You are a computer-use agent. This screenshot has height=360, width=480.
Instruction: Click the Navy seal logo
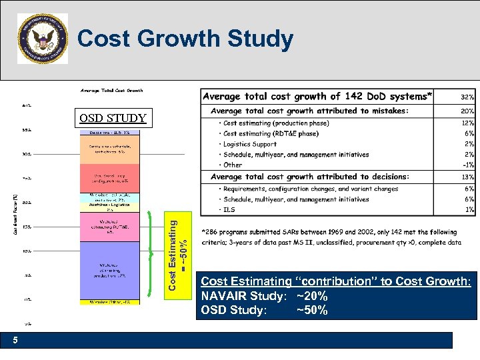[43, 39]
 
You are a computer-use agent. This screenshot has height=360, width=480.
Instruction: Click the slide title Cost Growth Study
[185, 39]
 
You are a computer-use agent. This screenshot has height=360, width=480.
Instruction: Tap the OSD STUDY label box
[113, 119]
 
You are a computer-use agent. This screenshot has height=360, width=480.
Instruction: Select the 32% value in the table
[467, 97]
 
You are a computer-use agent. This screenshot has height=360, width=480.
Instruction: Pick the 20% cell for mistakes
[467, 111]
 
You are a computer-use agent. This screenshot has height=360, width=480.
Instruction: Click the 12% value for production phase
[468, 123]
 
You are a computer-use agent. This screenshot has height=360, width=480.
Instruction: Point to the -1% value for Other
[468, 165]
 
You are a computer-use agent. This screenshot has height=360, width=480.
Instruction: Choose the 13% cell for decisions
[467, 177]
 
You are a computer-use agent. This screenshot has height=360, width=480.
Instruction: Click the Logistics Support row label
[250, 144]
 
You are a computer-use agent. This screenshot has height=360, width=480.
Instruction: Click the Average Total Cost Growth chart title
[111, 90]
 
